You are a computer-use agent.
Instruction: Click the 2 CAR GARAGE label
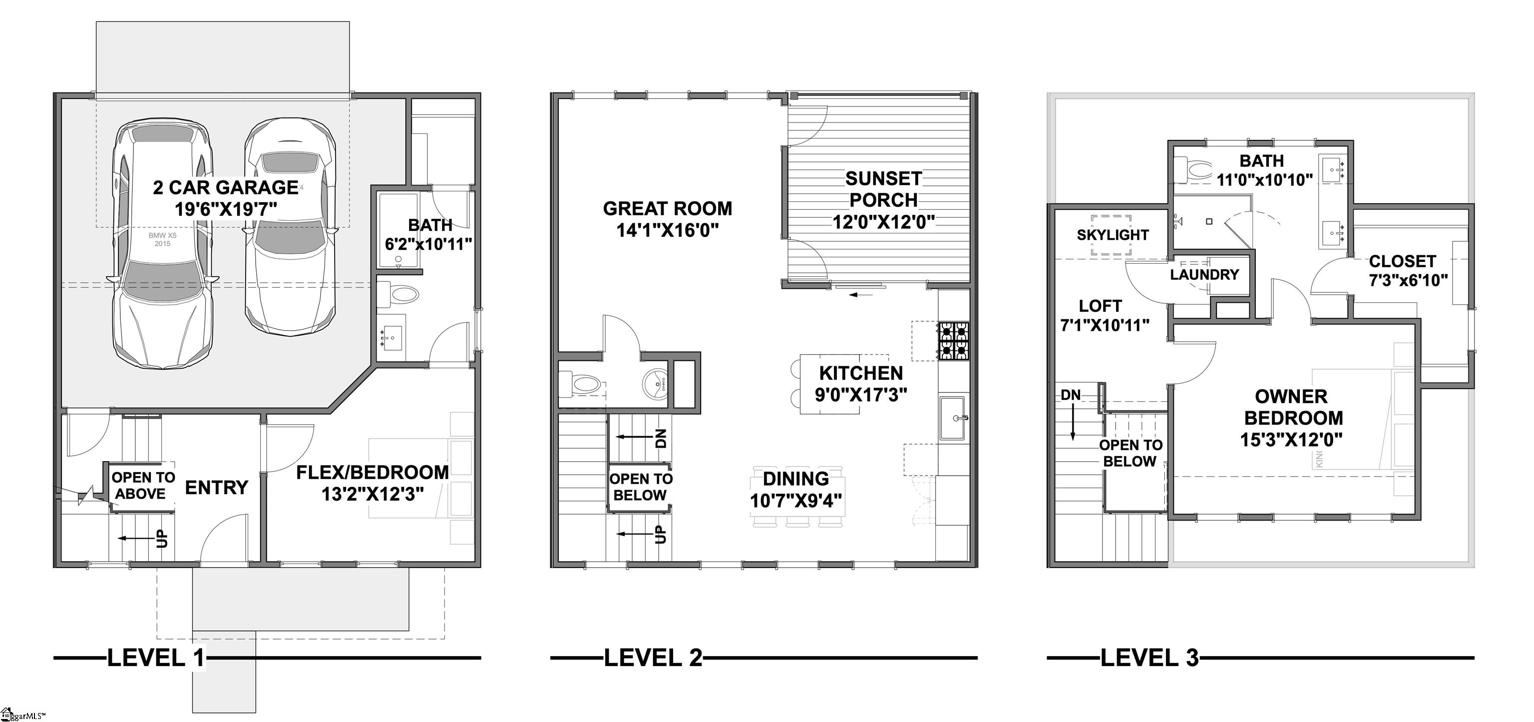[226, 188]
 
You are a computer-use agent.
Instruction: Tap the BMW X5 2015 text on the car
[163, 239]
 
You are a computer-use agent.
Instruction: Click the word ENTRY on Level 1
[217, 488]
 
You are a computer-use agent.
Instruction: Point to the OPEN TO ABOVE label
[143, 486]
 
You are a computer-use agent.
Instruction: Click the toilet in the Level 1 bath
[399, 294]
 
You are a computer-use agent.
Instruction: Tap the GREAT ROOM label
[668, 208]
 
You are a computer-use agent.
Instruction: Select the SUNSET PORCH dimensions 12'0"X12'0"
[883, 222]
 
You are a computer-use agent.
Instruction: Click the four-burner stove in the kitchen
[953, 341]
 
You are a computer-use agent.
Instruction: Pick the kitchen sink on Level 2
[954, 418]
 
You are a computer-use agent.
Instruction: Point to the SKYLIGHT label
[1113, 235]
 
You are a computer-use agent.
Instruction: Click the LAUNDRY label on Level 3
[1204, 275]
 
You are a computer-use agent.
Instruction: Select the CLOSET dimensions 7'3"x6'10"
[1408, 281]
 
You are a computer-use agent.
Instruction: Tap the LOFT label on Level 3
[1100, 306]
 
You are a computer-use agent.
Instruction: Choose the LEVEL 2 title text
[653, 658]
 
